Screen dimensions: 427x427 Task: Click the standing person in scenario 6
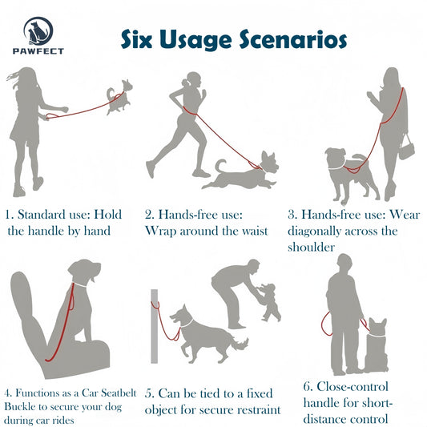pos(344,312)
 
